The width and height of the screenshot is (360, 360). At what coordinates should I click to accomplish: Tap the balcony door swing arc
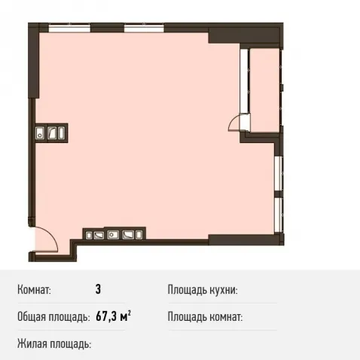tap(232, 121)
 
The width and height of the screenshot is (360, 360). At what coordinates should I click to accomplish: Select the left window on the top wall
tap(69, 28)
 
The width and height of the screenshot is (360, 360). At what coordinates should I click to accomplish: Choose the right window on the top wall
tap(144, 28)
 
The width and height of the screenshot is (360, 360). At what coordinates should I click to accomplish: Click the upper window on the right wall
tap(279, 173)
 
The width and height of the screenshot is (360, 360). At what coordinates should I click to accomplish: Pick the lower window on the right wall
tap(279, 215)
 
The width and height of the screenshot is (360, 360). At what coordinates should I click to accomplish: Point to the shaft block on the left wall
tap(51, 133)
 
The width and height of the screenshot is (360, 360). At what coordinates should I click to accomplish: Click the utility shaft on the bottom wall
tap(114, 233)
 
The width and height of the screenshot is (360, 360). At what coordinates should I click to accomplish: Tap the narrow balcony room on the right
tap(264, 90)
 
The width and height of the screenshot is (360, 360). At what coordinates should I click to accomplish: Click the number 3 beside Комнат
tap(98, 289)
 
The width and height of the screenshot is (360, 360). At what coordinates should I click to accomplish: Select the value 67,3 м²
tap(113, 316)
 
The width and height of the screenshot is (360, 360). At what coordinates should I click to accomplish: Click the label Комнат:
tap(34, 290)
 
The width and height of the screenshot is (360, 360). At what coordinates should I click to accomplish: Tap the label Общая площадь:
tap(53, 317)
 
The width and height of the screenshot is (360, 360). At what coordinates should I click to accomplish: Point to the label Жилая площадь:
tap(54, 343)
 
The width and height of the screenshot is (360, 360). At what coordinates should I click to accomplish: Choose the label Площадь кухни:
tap(203, 290)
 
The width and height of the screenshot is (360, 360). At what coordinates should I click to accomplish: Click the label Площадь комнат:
tap(205, 317)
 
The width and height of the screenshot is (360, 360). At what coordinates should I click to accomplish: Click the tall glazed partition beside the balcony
tap(244, 81)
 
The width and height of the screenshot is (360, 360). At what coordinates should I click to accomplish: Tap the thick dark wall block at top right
tap(244, 35)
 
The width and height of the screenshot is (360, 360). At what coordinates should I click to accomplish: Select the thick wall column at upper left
tap(34, 60)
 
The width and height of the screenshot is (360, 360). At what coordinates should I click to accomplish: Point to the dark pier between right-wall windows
tap(279, 194)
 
